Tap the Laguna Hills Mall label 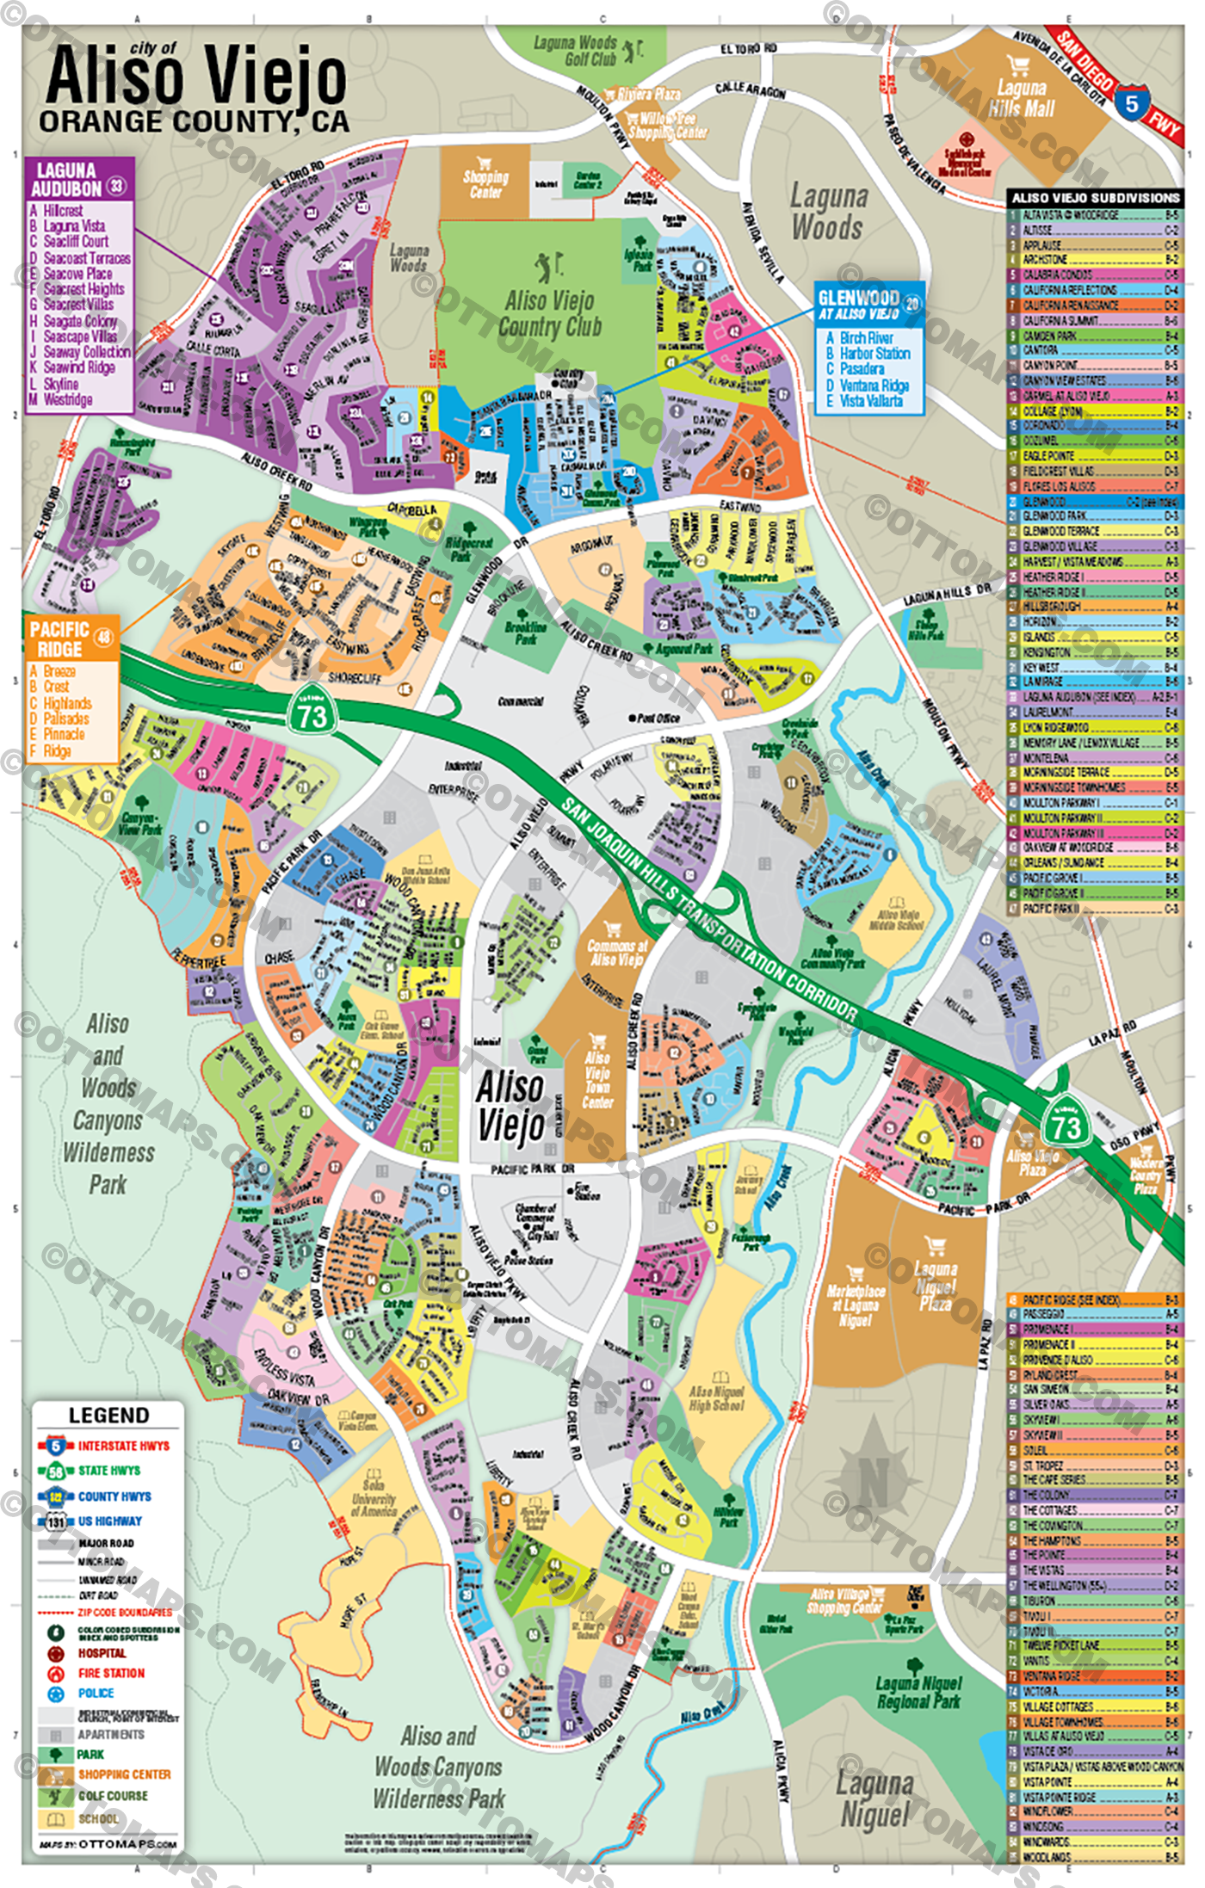click(1021, 98)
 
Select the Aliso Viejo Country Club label click(550, 314)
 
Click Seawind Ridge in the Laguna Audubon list click(79, 367)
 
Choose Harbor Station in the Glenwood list click(874, 354)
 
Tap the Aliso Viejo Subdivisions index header click(1095, 198)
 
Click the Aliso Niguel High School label click(716, 1397)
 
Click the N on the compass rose click(873, 1483)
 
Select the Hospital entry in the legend click(102, 1653)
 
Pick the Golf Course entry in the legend click(113, 1796)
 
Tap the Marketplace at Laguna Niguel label click(855, 1305)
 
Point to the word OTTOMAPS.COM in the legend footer click(128, 1844)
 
